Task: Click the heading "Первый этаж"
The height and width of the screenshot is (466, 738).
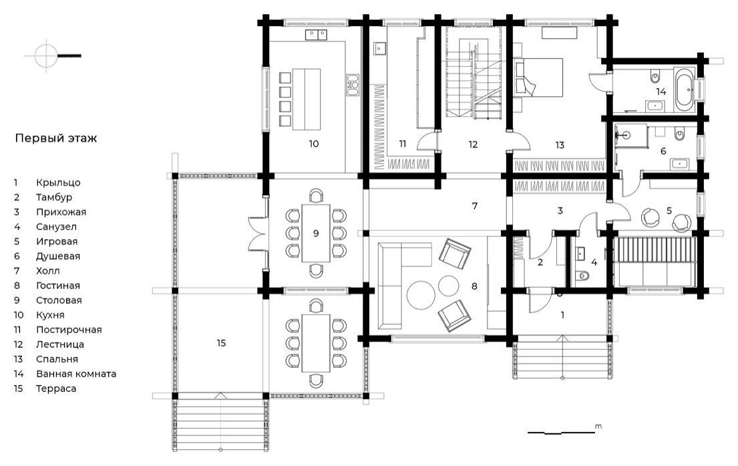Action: click(x=56, y=138)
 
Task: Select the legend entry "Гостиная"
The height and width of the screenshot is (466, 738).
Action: click(x=58, y=286)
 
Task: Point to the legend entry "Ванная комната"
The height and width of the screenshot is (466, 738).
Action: click(x=76, y=375)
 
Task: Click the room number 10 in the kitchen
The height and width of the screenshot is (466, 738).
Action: click(x=314, y=144)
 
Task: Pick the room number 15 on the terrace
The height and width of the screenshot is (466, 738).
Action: click(x=221, y=343)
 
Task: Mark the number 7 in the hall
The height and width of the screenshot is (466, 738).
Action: click(x=475, y=206)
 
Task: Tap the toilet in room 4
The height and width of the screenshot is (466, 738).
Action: click(x=583, y=275)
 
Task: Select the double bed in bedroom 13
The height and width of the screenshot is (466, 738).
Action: click(x=538, y=77)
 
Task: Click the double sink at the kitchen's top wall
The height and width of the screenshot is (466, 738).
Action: click(x=316, y=35)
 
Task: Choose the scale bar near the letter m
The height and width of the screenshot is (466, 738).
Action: click(x=561, y=431)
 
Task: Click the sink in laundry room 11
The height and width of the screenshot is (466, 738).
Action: click(x=380, y=48)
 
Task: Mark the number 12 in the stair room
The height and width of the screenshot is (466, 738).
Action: click(x=473, y=144)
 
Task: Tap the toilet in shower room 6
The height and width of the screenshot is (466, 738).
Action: click(x=679, y=135)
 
